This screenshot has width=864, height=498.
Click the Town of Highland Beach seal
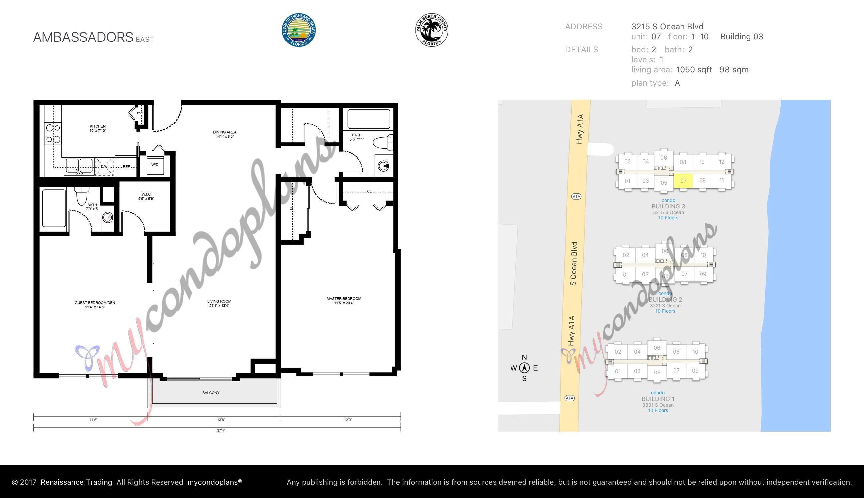(298, 30)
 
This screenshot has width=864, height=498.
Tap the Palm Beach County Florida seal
(431, 30)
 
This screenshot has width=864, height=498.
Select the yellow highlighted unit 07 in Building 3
(683, 181)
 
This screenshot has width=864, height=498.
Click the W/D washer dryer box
(155, 165)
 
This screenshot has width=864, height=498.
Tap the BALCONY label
(211, 393)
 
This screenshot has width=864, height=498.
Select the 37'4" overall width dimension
(221, 430)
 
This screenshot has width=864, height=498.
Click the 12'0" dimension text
(348, 420)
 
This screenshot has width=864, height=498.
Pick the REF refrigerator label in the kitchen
(126, 167)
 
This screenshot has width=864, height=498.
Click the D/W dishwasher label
(104, 167)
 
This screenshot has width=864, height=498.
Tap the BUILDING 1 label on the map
(658, 399)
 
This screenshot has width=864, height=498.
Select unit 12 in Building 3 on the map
(721, 162)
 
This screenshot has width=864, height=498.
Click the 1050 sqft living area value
(694, 70)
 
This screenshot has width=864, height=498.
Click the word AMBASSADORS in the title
(83, 37)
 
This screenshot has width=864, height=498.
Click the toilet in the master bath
(383, 143)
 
